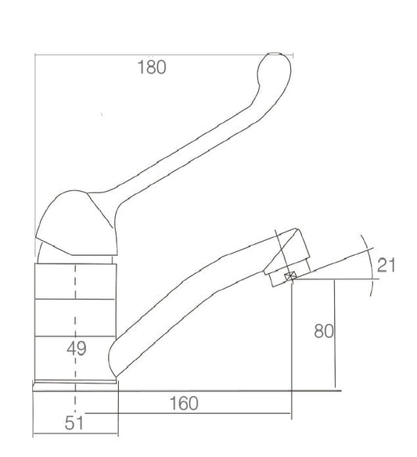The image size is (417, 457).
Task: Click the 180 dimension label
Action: tap(151, 67)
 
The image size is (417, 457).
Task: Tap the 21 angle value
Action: tap(386, 265)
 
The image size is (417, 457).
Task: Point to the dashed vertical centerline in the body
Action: tap(75, 313)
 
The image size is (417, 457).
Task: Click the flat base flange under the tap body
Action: tap(75, 386)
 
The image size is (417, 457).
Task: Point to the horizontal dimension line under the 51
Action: tap(75, 434)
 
